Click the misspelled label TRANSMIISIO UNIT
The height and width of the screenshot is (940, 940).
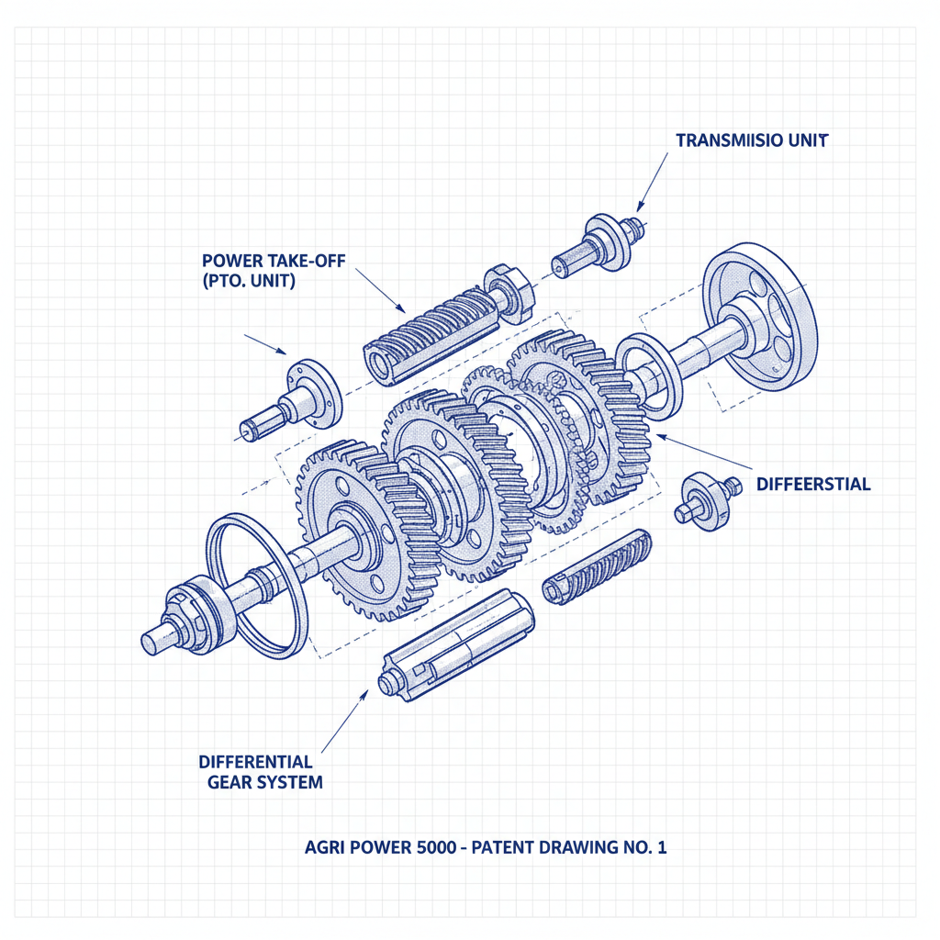752,140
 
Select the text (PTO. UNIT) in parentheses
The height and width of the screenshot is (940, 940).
247,283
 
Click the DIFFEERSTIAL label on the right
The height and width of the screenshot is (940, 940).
813,484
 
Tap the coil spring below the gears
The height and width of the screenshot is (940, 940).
597,566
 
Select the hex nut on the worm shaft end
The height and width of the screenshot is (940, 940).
508,292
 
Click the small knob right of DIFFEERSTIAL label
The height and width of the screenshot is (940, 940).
705,495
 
